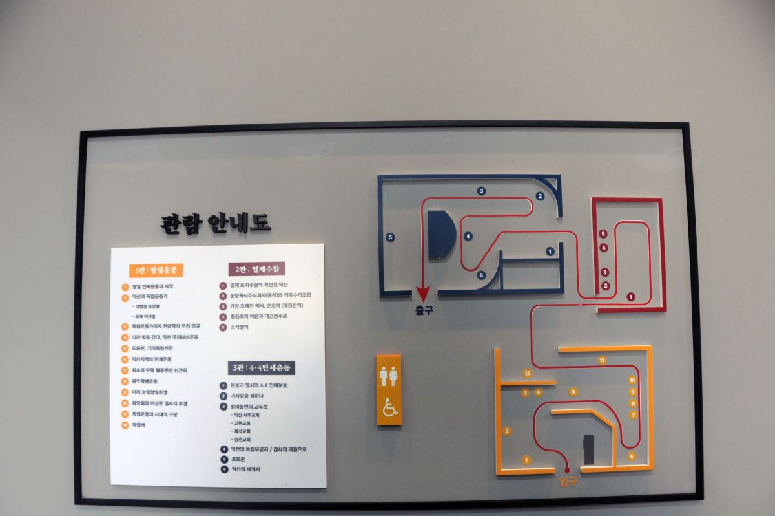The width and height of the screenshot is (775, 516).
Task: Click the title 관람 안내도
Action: click(216, 223)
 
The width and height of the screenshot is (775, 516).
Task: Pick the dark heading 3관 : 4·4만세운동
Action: click(262, 368)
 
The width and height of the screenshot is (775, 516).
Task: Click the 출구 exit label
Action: click(424, 310)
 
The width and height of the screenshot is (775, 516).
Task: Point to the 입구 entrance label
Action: click(568, 482)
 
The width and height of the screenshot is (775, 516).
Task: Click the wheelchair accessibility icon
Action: click(389, 407)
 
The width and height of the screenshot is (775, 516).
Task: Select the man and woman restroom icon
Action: click(389, 376)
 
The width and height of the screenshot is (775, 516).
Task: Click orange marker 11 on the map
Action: click(602, 360)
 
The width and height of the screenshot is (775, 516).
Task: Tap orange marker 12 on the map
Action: click(528, 373)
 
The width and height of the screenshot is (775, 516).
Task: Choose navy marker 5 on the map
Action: click(390, 237)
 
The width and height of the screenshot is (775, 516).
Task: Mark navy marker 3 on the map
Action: click(481, 191)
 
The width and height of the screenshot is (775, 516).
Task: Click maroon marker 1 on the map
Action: click(630, 297)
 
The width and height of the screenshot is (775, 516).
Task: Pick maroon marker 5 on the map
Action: click(603, 233)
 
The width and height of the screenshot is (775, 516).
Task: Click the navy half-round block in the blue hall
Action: click(441, 233)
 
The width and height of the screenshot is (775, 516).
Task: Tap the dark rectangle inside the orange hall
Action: click(588, 449)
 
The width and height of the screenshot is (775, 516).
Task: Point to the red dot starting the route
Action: click(568, 470)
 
